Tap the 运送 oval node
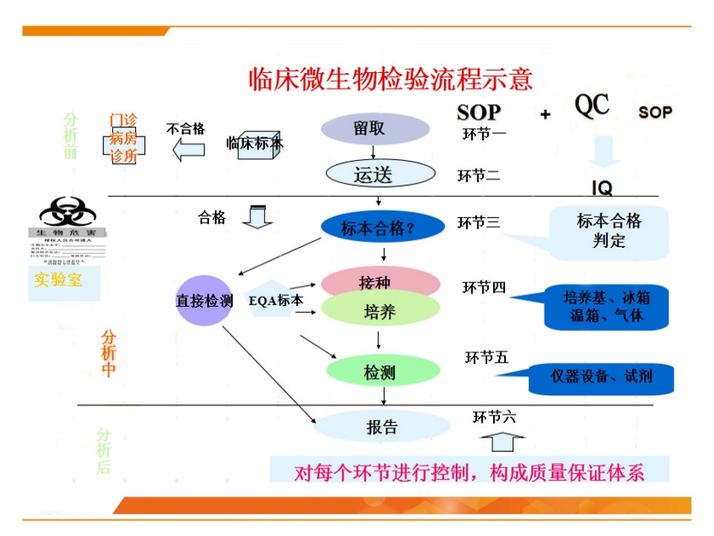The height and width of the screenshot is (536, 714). pyautogui.click(x=380, y=173)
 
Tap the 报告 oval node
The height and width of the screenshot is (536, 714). pyautogui.click(x=382, y=427)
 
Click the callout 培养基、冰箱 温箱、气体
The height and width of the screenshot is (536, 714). pyautogui.click(x=605, y=307)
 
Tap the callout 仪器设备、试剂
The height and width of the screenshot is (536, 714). pyautogui.click(x=601, y=377)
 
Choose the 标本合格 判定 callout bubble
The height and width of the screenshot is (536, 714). pyautogui.click(x=608, y=231)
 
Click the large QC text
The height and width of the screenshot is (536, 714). pyautogui.click(x=592, y=106)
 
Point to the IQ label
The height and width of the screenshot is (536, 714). pyautogui.click(x=602, y=188)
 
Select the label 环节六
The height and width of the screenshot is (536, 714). pyautogui.click(x=494, y=417)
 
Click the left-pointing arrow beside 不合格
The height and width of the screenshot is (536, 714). pyautogui.click(x=188, y=150)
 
